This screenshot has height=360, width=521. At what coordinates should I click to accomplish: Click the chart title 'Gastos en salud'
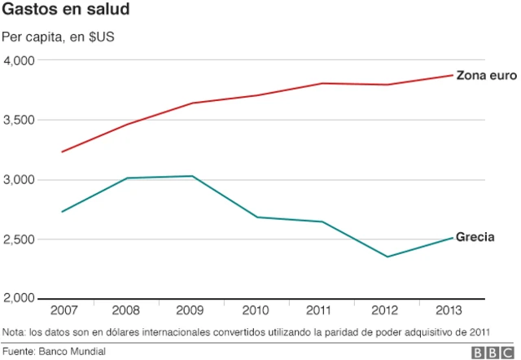pos(64,11)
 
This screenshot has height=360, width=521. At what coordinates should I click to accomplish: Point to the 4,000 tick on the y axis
pos(19,60)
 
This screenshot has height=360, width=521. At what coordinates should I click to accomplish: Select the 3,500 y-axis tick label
pos(19,120)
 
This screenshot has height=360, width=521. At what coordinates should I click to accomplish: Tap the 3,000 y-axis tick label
pos(19,179)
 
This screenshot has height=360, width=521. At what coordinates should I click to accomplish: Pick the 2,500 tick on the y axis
pos(19,239)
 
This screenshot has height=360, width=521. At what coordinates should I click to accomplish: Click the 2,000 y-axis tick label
pos(19,298)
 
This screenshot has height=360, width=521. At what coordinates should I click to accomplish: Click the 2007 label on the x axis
pos(63,311)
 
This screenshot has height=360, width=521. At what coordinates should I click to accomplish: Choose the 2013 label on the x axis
pos(451,311)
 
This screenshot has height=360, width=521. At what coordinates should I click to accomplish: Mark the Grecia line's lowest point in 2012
pos(387,257)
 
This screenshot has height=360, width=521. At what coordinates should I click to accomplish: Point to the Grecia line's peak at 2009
pos(192,176)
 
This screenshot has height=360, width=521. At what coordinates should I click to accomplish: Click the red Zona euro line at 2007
pos(63,151)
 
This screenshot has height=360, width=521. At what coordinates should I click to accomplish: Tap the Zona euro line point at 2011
pos(322,83)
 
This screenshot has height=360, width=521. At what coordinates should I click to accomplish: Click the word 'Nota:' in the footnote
pos(15,331)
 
